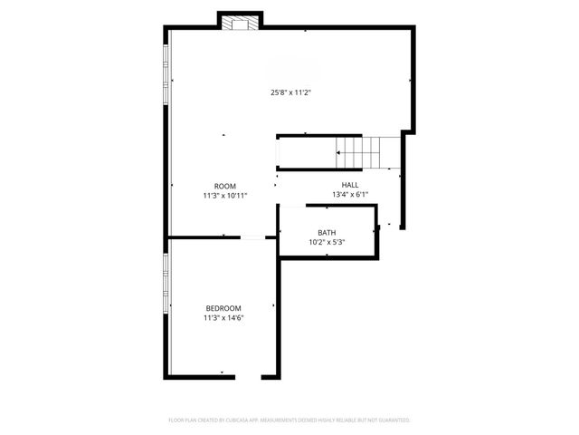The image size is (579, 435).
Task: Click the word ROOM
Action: click(225, 186)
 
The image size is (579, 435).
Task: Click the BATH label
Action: click(327, 233)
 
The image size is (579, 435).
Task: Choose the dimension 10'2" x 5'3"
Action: click(327, 243)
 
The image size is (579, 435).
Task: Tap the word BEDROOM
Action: click(223, 308)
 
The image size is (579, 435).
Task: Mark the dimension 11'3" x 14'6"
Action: click(223, 318)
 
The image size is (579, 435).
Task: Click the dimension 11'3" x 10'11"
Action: click(225, 196)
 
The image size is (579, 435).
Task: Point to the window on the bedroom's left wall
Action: click(166, 285)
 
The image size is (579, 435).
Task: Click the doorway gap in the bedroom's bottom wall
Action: click(248, 377)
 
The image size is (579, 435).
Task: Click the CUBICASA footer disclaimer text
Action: click(289, 420)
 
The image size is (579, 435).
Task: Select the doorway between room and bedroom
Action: click(253, 238)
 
